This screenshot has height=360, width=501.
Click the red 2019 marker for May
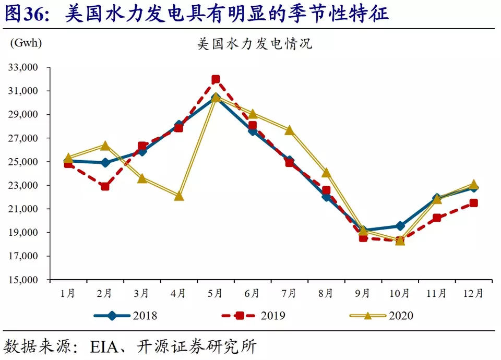(216, 79)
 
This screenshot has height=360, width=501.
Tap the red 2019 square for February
(105, 186)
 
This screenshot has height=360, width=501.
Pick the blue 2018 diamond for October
(400, 226)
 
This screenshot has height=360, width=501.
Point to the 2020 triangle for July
(289, 130)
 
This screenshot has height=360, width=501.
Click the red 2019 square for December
(473, 203)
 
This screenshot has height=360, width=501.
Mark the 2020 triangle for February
(105, 146)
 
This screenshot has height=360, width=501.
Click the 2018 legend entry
(125, 316)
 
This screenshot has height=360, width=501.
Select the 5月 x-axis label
(216, 294)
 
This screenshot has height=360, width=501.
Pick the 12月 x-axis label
(473, 294)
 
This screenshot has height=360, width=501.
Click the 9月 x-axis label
(363, 294)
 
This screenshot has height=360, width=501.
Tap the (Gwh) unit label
(26, 42)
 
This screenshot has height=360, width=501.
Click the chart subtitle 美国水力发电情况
(255, 44)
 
